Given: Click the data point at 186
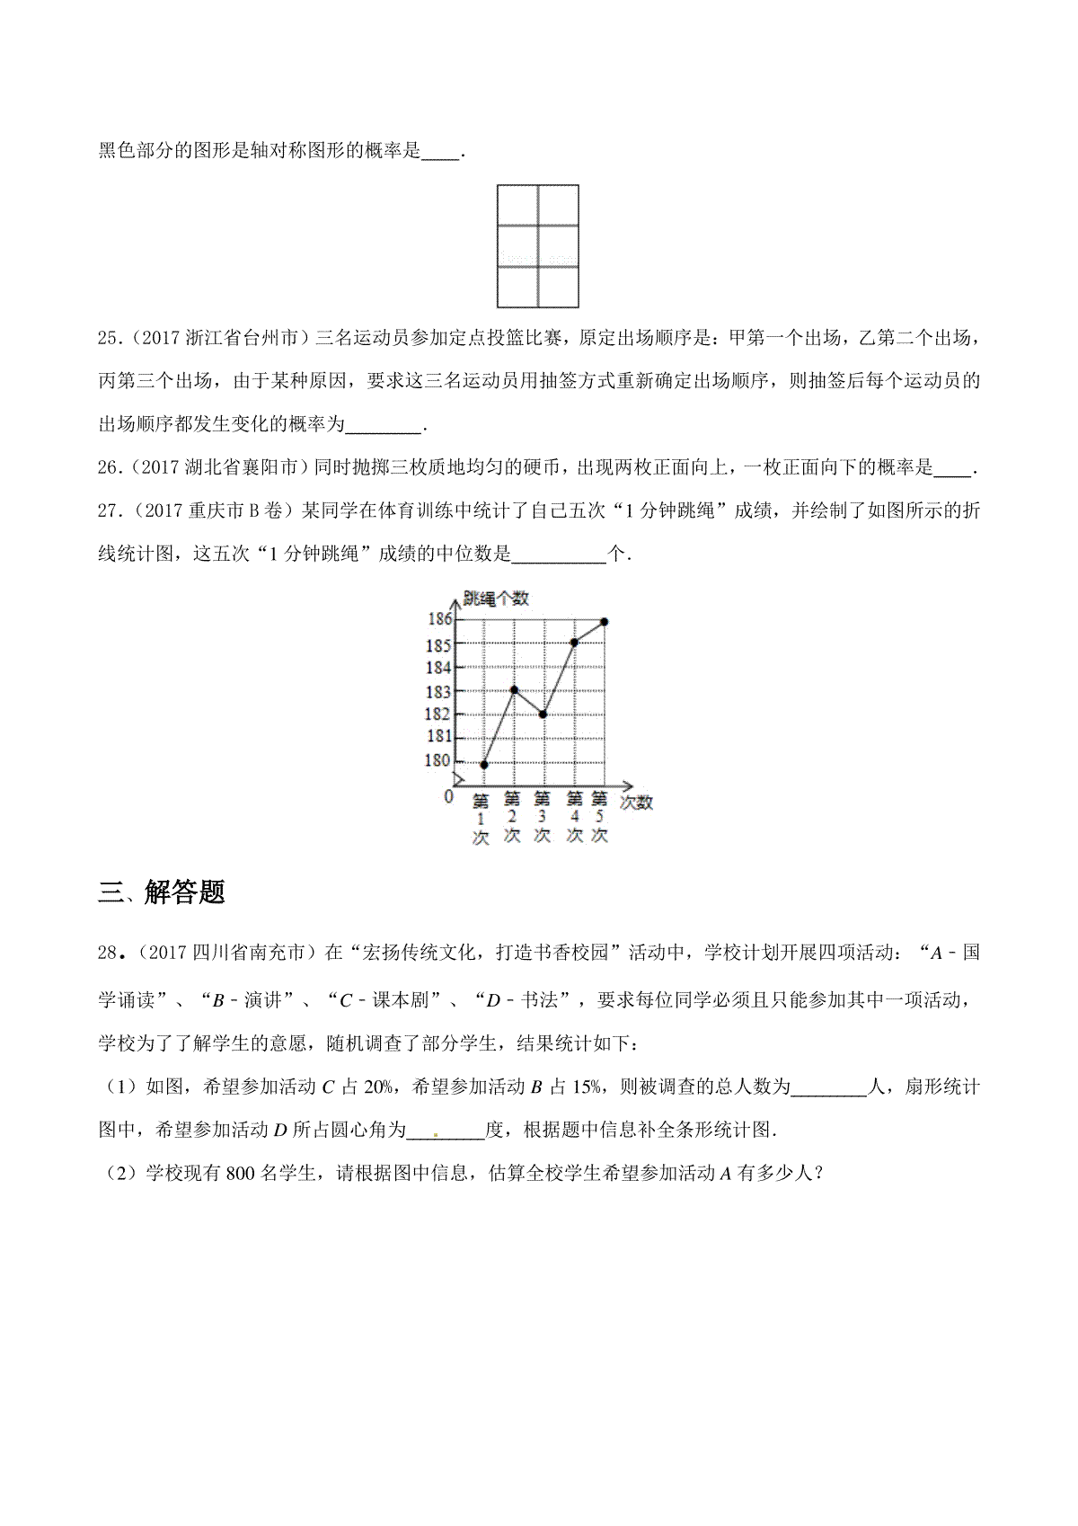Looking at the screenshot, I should pos(605,622).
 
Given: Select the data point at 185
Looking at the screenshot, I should pos(574,643).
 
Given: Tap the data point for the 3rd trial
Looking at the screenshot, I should pos(543,714).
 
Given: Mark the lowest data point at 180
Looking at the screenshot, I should pos(484,765).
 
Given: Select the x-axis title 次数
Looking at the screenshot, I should pos(636,803).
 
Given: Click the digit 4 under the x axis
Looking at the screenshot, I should pos(573,817).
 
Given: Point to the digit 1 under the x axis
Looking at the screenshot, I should pos(481,819).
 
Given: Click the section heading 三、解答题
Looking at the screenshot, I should pos(162,892).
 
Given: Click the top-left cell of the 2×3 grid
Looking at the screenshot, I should pos(517,205).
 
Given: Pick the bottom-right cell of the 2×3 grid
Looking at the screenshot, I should pos(558,286).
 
